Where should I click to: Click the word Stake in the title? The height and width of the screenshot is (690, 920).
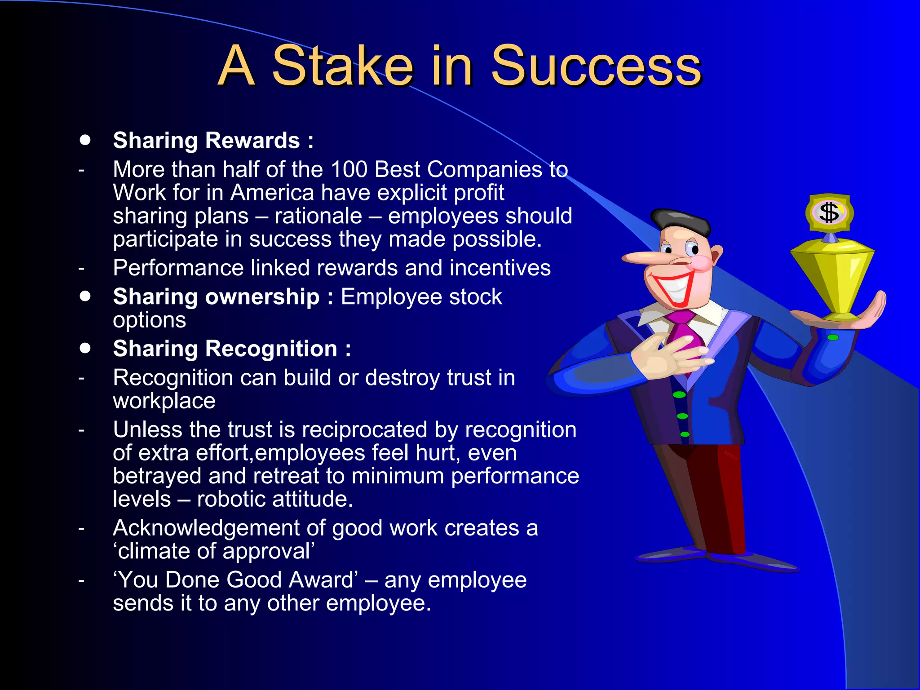point(342,66)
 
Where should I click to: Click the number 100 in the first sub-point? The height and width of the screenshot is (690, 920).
point(349,170)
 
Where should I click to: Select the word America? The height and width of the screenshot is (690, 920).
point(272,193)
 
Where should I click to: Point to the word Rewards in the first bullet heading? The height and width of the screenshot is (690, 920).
point(252,141)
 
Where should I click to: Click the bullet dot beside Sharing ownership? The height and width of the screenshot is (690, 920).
point(85,296)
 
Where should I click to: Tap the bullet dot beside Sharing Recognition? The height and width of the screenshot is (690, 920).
point(85,348)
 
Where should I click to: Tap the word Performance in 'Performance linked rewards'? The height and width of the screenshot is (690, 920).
point(178,268)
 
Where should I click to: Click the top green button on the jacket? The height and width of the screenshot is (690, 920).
point(679,395)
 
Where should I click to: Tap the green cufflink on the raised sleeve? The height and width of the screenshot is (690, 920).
point(833,337)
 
